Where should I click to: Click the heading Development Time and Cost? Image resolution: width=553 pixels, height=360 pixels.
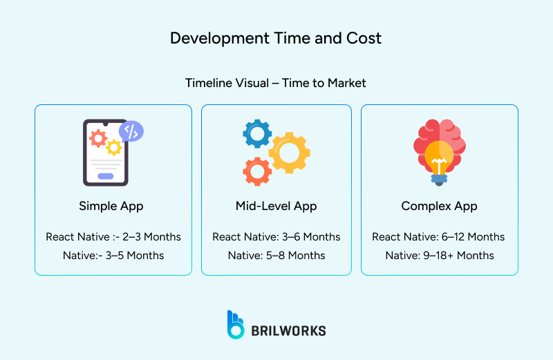[276, 38]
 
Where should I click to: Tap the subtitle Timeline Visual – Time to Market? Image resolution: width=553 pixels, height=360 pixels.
[276, 83]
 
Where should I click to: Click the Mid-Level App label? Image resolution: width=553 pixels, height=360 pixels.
[276, 206]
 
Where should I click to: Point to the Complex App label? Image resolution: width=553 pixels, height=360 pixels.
[439, 206]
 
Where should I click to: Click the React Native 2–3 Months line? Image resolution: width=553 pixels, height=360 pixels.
[113, 237]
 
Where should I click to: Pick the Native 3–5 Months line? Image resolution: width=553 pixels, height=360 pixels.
[113, 256]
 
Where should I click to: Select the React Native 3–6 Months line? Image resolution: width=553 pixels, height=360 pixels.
[276, 237]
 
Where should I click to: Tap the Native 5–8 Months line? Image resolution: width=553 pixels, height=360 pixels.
[276, 256]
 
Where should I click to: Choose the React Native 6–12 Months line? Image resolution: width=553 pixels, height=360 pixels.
[439, 237]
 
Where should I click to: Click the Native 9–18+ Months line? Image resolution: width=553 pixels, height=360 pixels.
[439, 256]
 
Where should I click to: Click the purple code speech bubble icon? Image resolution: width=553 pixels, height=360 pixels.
[131, 131]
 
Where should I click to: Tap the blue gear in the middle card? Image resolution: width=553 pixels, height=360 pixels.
[257, 133]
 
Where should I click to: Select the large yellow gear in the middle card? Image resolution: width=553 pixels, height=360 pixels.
[289, 152]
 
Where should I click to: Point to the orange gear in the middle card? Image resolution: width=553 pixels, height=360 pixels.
[258, 171]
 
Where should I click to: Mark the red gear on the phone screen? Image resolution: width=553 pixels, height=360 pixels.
[98, 139]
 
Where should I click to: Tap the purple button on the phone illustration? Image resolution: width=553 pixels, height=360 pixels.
[105, 176]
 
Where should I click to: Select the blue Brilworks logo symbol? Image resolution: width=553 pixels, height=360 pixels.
[236, 325]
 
